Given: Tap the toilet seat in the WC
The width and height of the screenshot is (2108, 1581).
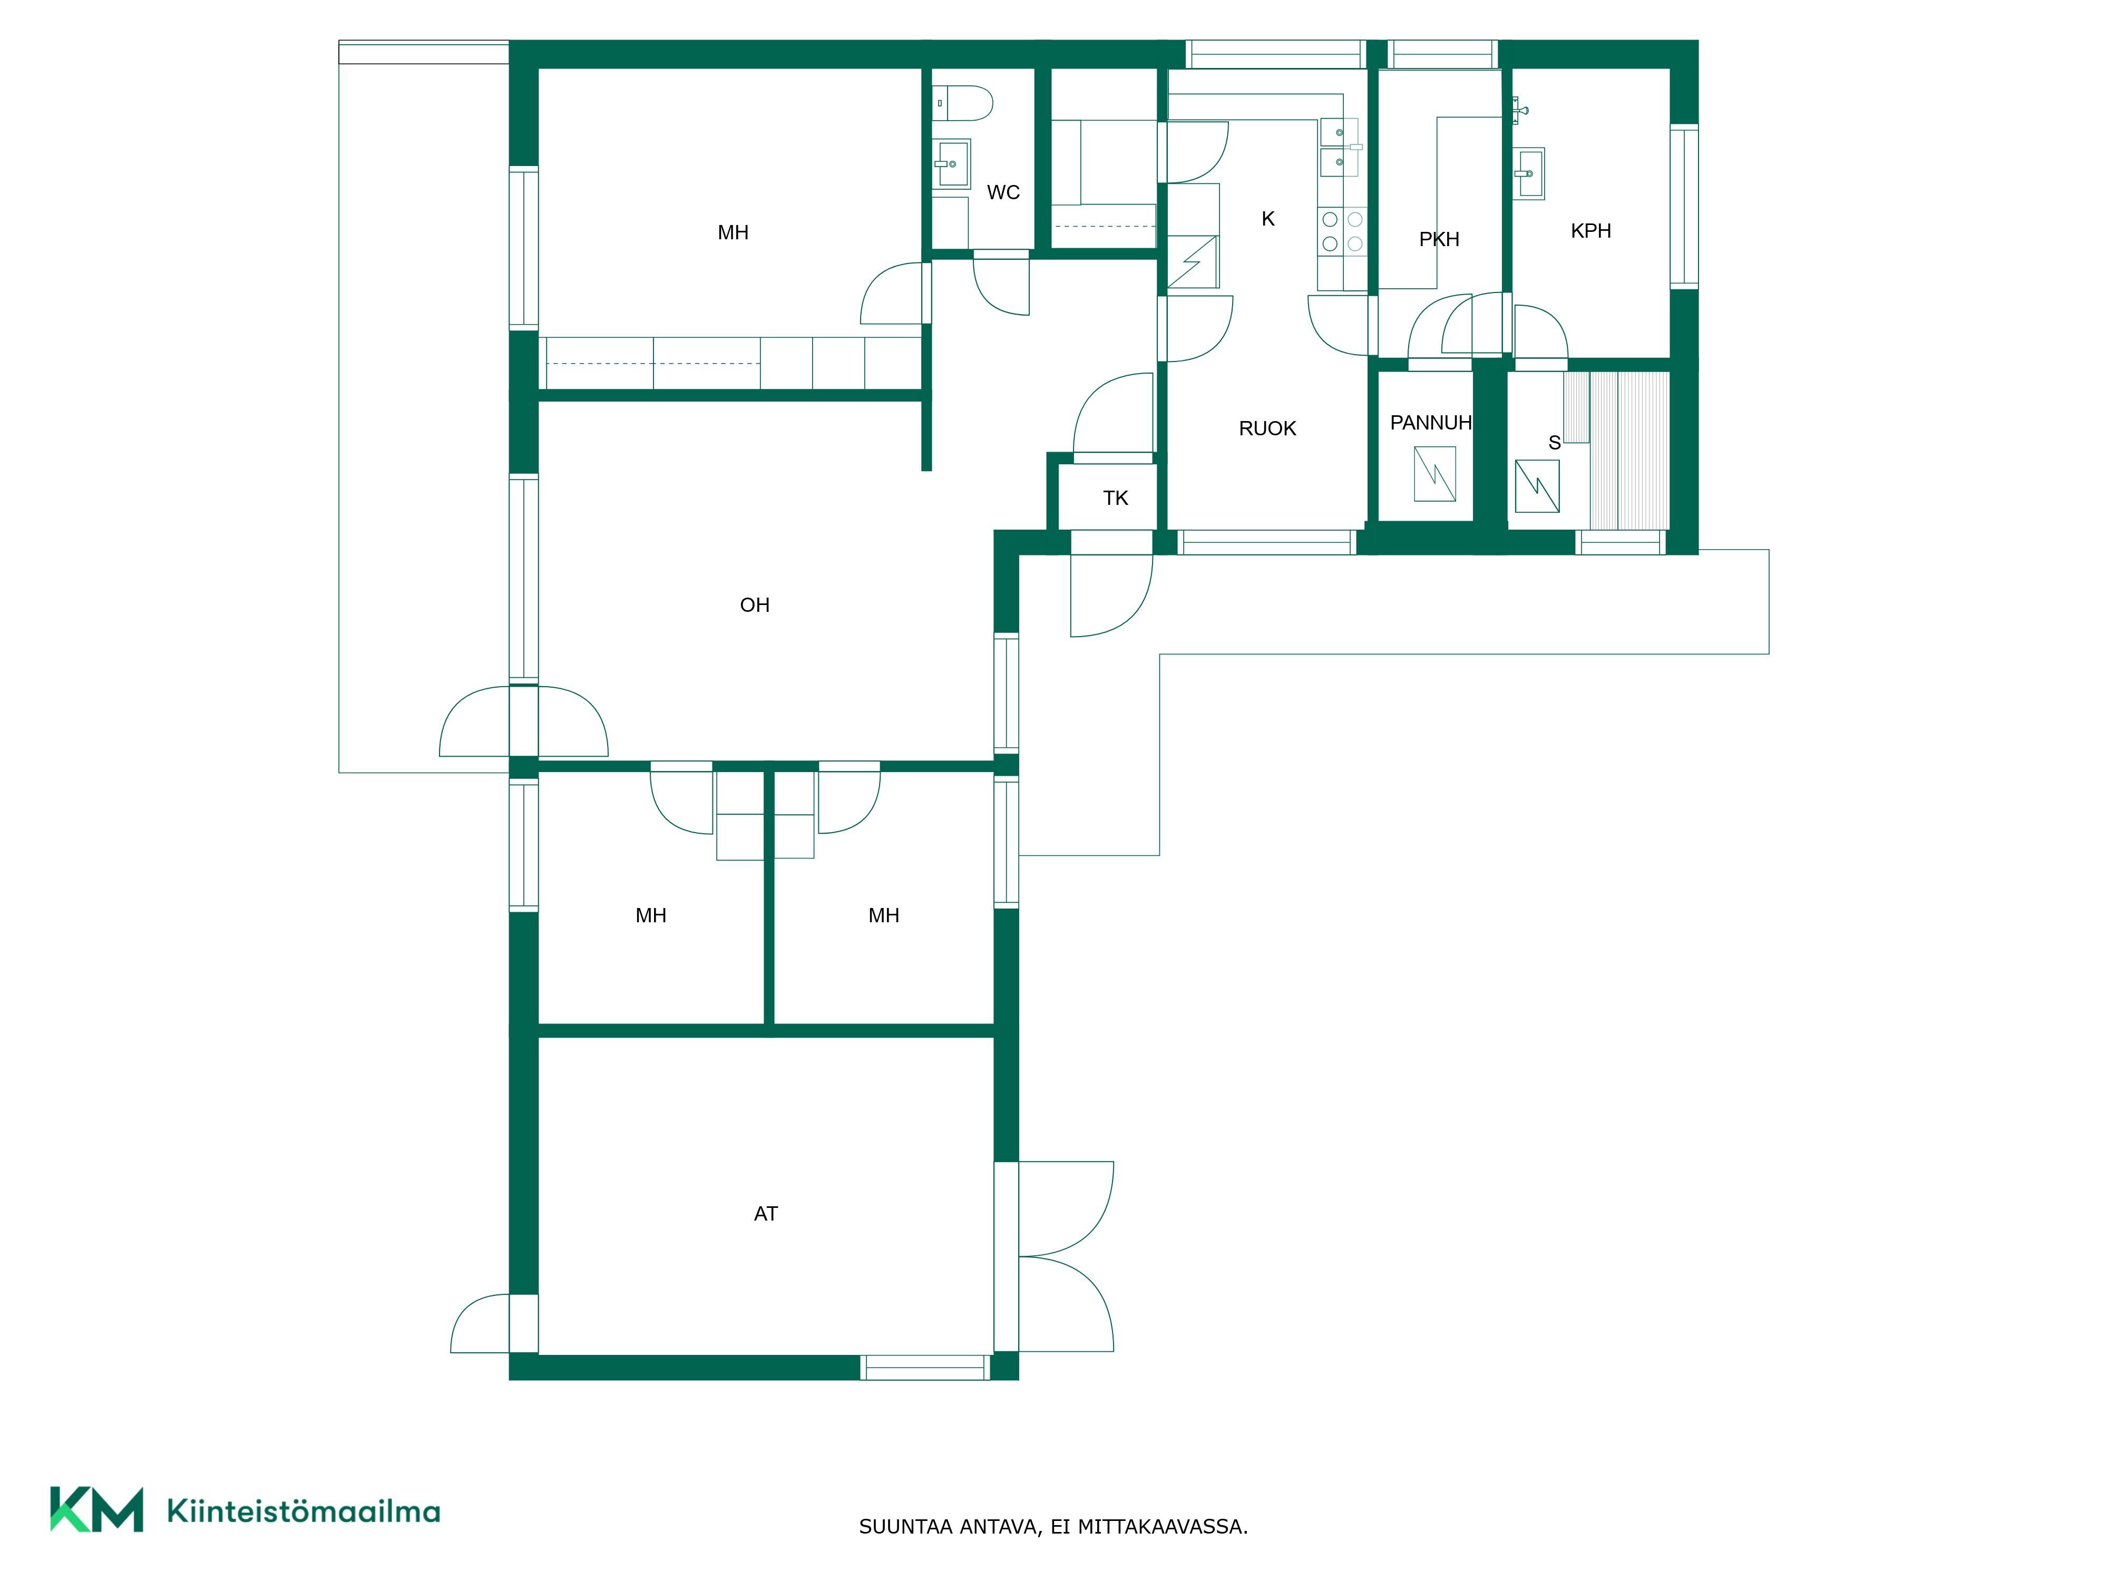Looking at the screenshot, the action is pos(962,103).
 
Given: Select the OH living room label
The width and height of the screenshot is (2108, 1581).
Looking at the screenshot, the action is pos(755,605).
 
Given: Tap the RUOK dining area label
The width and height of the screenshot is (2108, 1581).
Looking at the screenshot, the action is pos(1267,429).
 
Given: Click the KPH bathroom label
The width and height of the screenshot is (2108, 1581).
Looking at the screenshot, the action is pos(1590,231).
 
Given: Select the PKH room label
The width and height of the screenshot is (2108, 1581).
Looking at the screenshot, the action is pos(1439,239).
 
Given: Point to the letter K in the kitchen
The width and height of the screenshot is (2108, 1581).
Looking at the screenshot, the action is pos(1267,219).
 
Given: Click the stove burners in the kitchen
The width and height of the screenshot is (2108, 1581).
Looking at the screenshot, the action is pos(1342,231).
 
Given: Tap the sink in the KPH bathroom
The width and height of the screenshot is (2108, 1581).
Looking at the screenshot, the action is pos(1529,173).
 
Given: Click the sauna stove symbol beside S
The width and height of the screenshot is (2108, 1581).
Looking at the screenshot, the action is pos(1537,486).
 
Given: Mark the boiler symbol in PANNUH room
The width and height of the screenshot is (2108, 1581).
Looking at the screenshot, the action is pos(1434,474).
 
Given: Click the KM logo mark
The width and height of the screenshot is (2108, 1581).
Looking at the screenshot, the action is pos(97,1509).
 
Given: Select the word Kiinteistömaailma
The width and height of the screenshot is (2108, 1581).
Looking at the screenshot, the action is pos(303,1510).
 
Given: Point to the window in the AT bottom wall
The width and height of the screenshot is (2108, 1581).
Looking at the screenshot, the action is pos(925,1368).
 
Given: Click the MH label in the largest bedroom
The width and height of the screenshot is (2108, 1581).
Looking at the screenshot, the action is pos(733,232).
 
